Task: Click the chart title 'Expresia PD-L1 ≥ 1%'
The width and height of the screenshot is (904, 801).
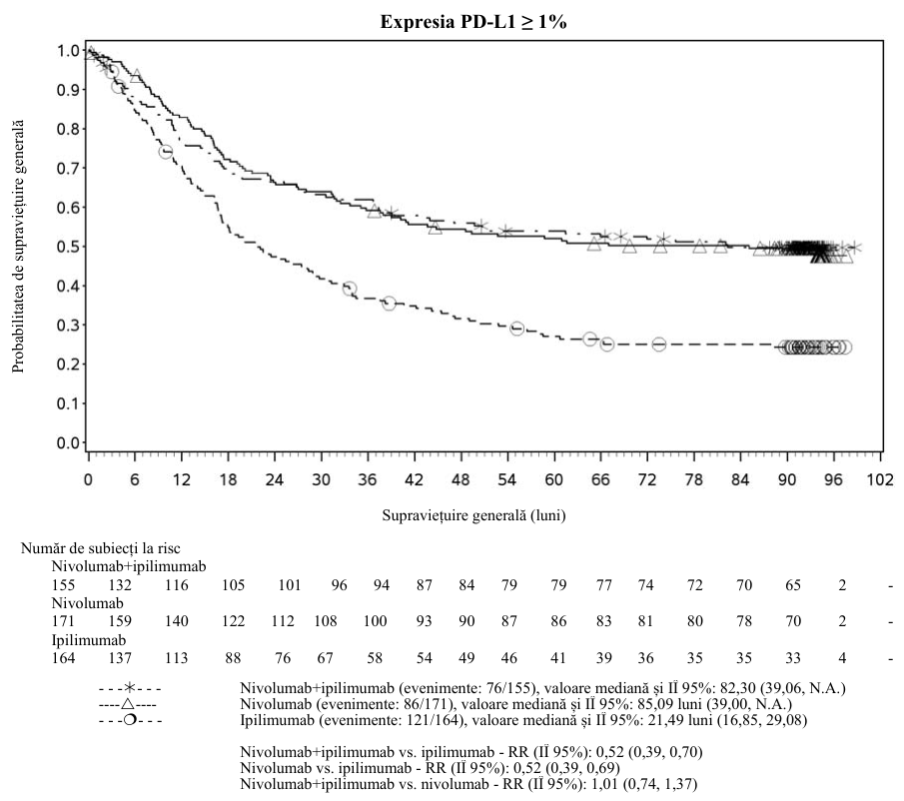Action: click(x=473, y=22)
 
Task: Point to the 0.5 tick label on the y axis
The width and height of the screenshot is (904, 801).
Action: click(x=68, y=247)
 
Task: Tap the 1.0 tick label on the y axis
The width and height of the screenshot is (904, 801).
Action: click(x=68, y=51)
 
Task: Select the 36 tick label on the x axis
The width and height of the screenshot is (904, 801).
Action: click(x=368, y=479)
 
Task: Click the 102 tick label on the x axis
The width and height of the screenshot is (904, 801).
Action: click(x=880, y=479)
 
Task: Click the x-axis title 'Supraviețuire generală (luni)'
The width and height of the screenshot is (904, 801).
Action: click(x=473, y=515)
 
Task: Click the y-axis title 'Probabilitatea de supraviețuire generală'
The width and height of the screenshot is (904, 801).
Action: click(x=18, y=246)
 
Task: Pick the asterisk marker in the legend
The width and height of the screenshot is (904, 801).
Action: click(x=130, y=688)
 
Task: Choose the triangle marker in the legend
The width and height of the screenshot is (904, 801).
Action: click(x=128, y=704)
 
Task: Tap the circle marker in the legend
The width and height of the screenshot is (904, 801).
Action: click(x=130, y=720)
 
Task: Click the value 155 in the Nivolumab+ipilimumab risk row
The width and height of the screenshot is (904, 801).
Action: click(x=63, y=585)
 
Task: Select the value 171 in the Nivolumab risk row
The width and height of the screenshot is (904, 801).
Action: click(x=63, y=621)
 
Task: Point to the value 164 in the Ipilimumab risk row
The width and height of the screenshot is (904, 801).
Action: click(x=63, y=658)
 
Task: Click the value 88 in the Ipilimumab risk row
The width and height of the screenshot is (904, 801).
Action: click(x=233, y=658)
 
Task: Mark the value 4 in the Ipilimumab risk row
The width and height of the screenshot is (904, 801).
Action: click(x=842, y=658)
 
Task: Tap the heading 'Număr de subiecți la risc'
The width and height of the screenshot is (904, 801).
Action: click(x=100, y=548)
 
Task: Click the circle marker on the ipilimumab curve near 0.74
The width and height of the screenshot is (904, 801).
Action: click(x=166, y=152)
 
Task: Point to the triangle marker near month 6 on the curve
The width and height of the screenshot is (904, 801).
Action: click(x=136, y=76)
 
